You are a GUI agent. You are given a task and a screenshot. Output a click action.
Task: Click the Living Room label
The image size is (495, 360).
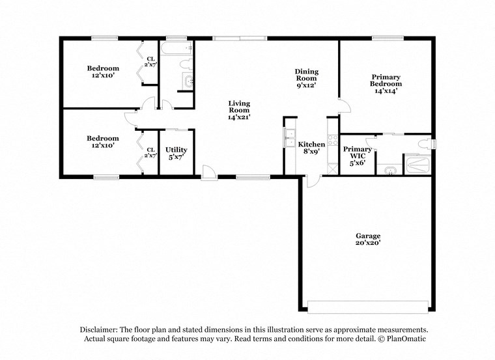(238, 110)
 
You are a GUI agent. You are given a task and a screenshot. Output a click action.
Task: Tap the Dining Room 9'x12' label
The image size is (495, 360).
(305, 78)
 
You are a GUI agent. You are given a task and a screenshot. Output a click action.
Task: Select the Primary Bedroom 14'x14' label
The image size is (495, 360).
(385, 84)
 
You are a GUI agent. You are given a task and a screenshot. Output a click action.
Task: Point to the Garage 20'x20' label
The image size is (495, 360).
(367, 239)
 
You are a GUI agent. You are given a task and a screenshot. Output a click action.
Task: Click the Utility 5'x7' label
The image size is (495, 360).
(176, 153)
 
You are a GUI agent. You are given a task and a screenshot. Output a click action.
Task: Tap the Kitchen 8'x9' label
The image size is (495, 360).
(311, 148)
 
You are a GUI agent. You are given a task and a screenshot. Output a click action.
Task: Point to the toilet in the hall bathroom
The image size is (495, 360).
(187, 64)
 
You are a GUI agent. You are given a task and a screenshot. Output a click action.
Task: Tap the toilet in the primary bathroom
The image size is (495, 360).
(424, 143)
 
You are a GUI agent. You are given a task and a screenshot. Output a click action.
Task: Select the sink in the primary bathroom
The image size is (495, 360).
(389, 171)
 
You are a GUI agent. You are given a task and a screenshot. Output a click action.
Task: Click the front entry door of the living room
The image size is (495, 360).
(208, 173)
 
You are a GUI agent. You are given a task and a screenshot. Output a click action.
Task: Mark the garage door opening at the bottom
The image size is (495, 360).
(368, 307)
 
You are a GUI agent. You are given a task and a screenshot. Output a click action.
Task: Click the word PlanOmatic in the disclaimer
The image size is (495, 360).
(406, 339)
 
